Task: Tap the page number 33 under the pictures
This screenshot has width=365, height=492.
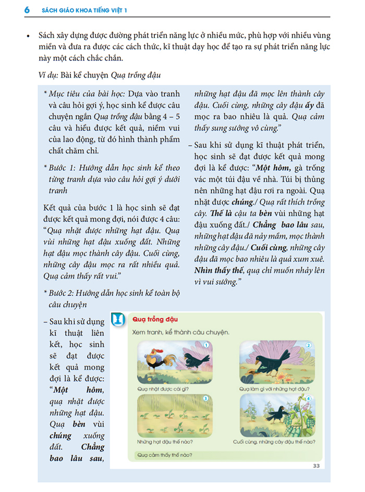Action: pyautogui.click(x=316, y=465)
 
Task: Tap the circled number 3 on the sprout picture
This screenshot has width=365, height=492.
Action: pyautogui.click(x=205, y=398)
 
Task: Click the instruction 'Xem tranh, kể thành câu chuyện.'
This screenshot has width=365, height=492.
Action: pyautogui.click(x=180, y=332)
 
